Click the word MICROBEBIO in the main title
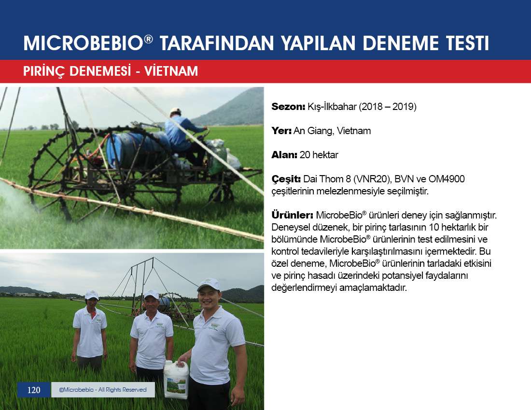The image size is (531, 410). coord(84,43)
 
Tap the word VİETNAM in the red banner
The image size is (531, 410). coord(171,71)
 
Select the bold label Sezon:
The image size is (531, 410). coord(288,107)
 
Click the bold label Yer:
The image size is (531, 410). coord(281,131)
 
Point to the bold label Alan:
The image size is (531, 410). coord(284,155)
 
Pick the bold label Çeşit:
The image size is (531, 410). coord(286,179)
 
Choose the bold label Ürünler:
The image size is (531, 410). coord(292,215)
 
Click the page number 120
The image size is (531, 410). coord(33,390)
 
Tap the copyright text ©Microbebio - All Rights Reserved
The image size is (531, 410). coord(103,390)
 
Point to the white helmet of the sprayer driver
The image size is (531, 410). coord(175,111)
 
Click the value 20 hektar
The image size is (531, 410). coord(319,155)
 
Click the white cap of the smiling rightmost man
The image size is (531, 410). coord(208,285)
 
